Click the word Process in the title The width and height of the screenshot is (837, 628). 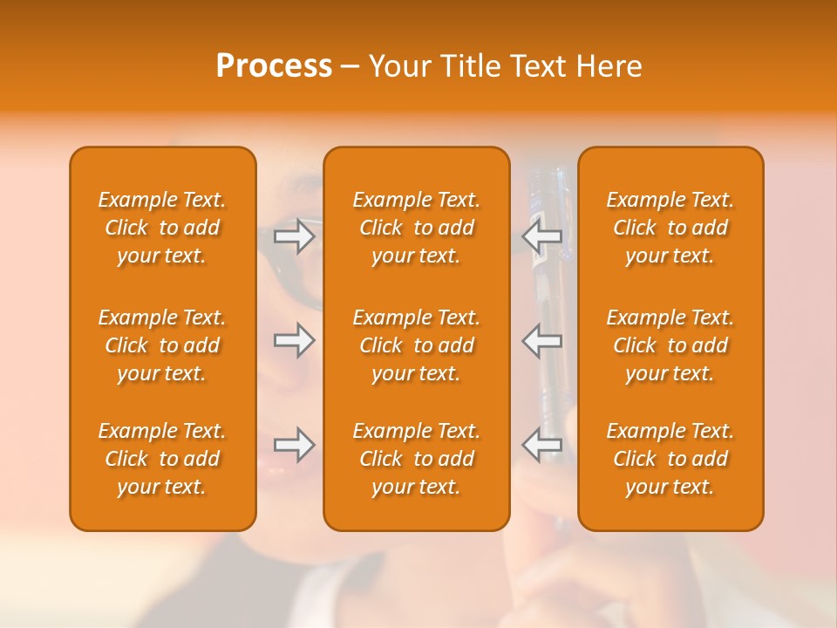(x=274, y=66)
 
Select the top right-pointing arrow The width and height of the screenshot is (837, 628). (x=295, y=236)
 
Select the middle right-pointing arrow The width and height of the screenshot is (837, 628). (x=295, y=340)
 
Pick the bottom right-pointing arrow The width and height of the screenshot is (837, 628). (x=295, y=445)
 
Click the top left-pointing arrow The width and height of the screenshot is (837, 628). (x=541, y=236)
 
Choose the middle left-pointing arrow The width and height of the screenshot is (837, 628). (x=541, y=340)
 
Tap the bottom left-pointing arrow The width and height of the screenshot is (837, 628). (x=541, y=445)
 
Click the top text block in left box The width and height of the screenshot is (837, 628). (x=162, y=228)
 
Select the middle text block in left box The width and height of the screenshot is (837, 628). (x=162, y=345)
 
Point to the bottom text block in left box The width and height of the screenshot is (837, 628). (x=162, y=459)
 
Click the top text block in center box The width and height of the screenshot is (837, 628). (x=417, y=228)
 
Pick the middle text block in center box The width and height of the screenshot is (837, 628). (x=417, y=345)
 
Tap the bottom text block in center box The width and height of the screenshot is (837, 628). (x=417, y=459)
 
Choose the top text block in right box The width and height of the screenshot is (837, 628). (x=670, y=228)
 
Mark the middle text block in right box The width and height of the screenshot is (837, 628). (x=670, y=345)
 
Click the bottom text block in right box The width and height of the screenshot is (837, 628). (x=670, y=459)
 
